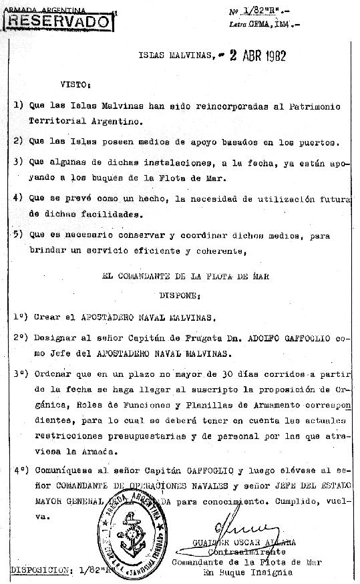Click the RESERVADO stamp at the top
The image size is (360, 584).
[x=58, y=21]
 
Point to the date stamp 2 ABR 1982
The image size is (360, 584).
[x=258, y=56]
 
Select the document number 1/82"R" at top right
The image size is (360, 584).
[x=261, y=11]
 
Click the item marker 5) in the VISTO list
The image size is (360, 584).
[x=18, y=235]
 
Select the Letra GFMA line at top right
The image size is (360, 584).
[x=264, y=25]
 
